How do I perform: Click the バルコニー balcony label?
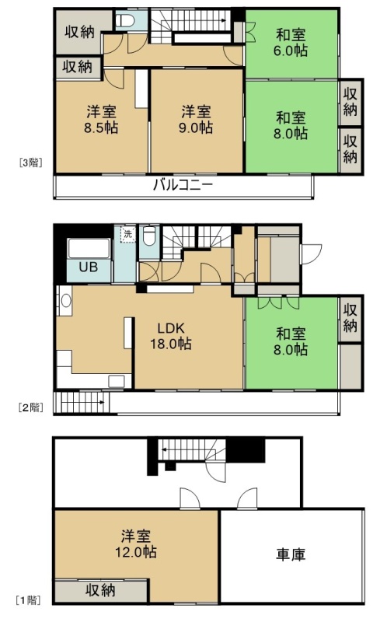coord(183,185)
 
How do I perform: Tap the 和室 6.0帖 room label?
coord(291,43)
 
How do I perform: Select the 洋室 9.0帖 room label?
coord(196,120)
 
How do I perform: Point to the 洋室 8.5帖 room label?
coord(101,120)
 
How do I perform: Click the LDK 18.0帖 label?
coord(170,336)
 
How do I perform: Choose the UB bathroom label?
coord(88,267)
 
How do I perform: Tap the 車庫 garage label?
coord(291,554)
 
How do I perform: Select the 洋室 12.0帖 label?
coord(136,544)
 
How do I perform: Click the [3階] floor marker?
coord(31,162)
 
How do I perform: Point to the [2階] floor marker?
coord(31,407)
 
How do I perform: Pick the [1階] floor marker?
coord(28,600)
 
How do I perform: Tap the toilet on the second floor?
coord(149,236)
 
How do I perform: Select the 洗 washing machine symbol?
coord(127,234)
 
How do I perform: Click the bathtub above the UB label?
coord(89,248)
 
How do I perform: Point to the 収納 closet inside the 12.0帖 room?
coord(101,591)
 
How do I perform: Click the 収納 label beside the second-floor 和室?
coord(350,318)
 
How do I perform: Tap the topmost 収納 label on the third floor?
coord(80,32)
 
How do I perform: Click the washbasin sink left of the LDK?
coord(64,301)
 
